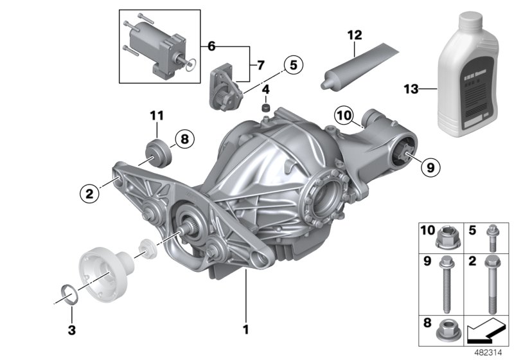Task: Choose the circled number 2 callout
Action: [90, 191]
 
